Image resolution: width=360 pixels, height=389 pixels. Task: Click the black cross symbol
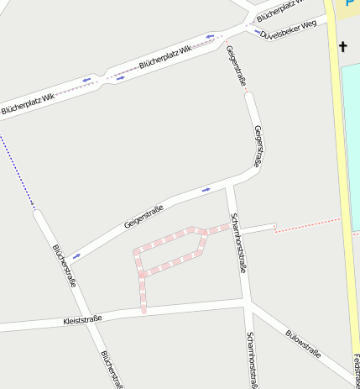tap(342, 47)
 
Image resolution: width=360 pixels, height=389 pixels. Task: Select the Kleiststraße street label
tap(82, 319)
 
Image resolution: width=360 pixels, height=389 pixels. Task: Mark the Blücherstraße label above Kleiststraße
tap(64, 265)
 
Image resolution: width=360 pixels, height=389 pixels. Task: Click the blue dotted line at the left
tap(17, 168)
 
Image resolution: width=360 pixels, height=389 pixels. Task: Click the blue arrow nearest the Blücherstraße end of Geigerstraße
tap(76, 255)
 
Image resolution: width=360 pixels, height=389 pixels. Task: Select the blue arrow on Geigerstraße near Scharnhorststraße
tap(206, 190)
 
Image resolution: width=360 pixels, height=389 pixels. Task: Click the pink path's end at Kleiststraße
tap(143, 311)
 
